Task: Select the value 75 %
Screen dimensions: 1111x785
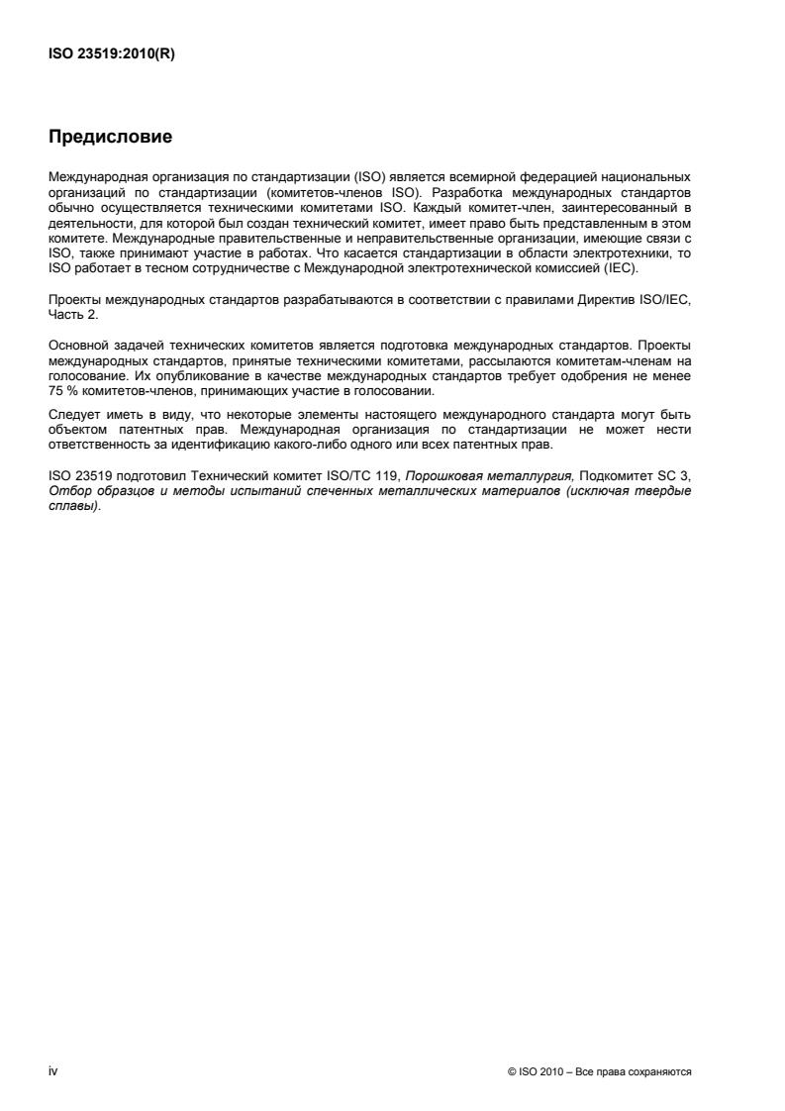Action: (x=61, y=391)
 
